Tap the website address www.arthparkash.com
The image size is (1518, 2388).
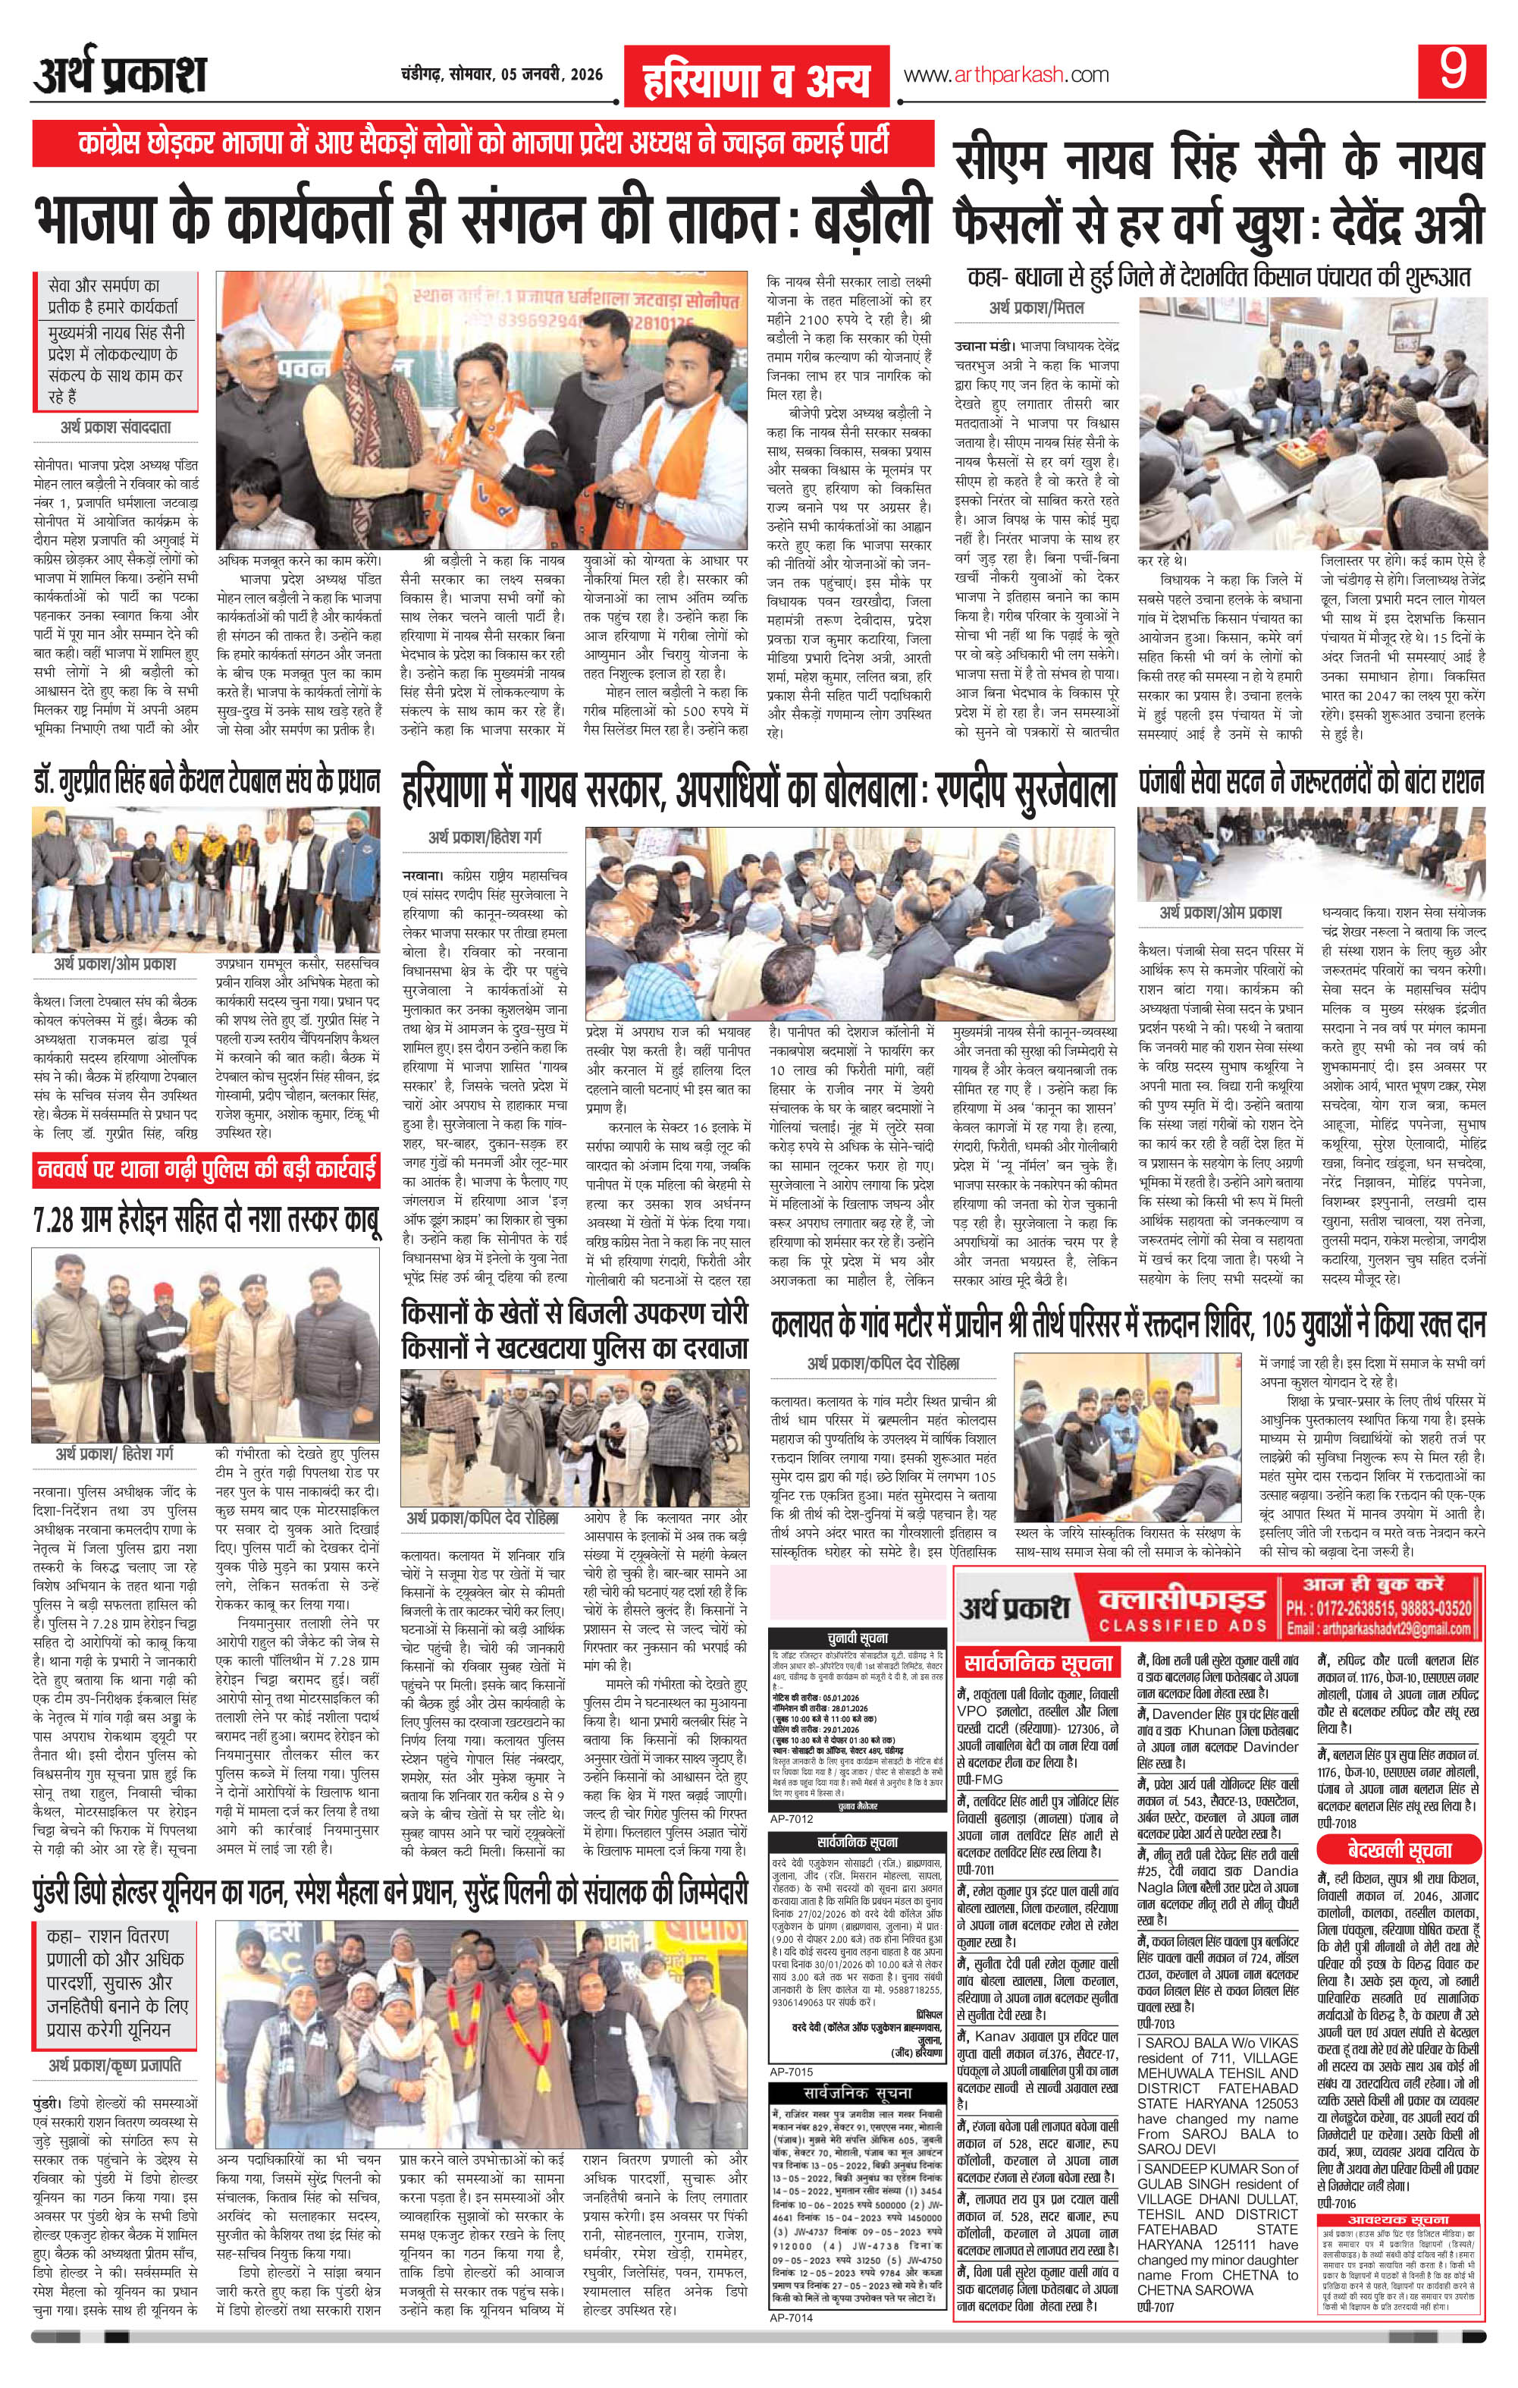tap(1005, 74)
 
